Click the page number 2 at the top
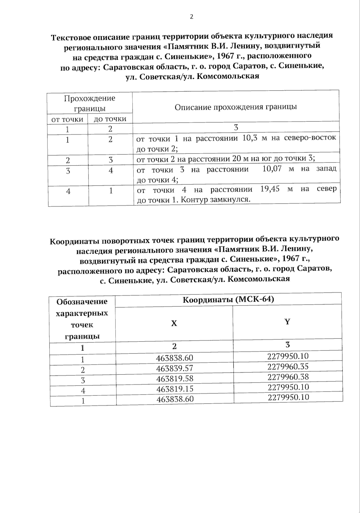pyautogui.click(x=191, y=17)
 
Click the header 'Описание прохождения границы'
pyautogui.click(x=236, y=107)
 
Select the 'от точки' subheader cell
pyautogui.click(x=67, y=119)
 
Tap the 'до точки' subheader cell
pyautogui.click(x=110, y=119)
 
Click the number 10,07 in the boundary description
pyautogui.click(x=272, y=169)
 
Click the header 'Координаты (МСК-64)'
pyautogui.click(x=228, y=300)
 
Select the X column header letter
pyautogui.click(x=174, y=323)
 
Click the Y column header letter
pyautogui.click(x=287, y=322)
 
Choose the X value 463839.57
pyautogui.click(x=175, y=368)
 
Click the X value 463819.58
pyautogui.click(x=175, y=379)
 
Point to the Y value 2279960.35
pyautogui.click(x=288, y=367)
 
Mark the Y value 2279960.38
pyautogui.click(x=288, y=377)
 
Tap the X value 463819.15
pyautogui.click(x=175, y=389)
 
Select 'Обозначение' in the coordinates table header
pyautogui.click(x=82, y=302)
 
